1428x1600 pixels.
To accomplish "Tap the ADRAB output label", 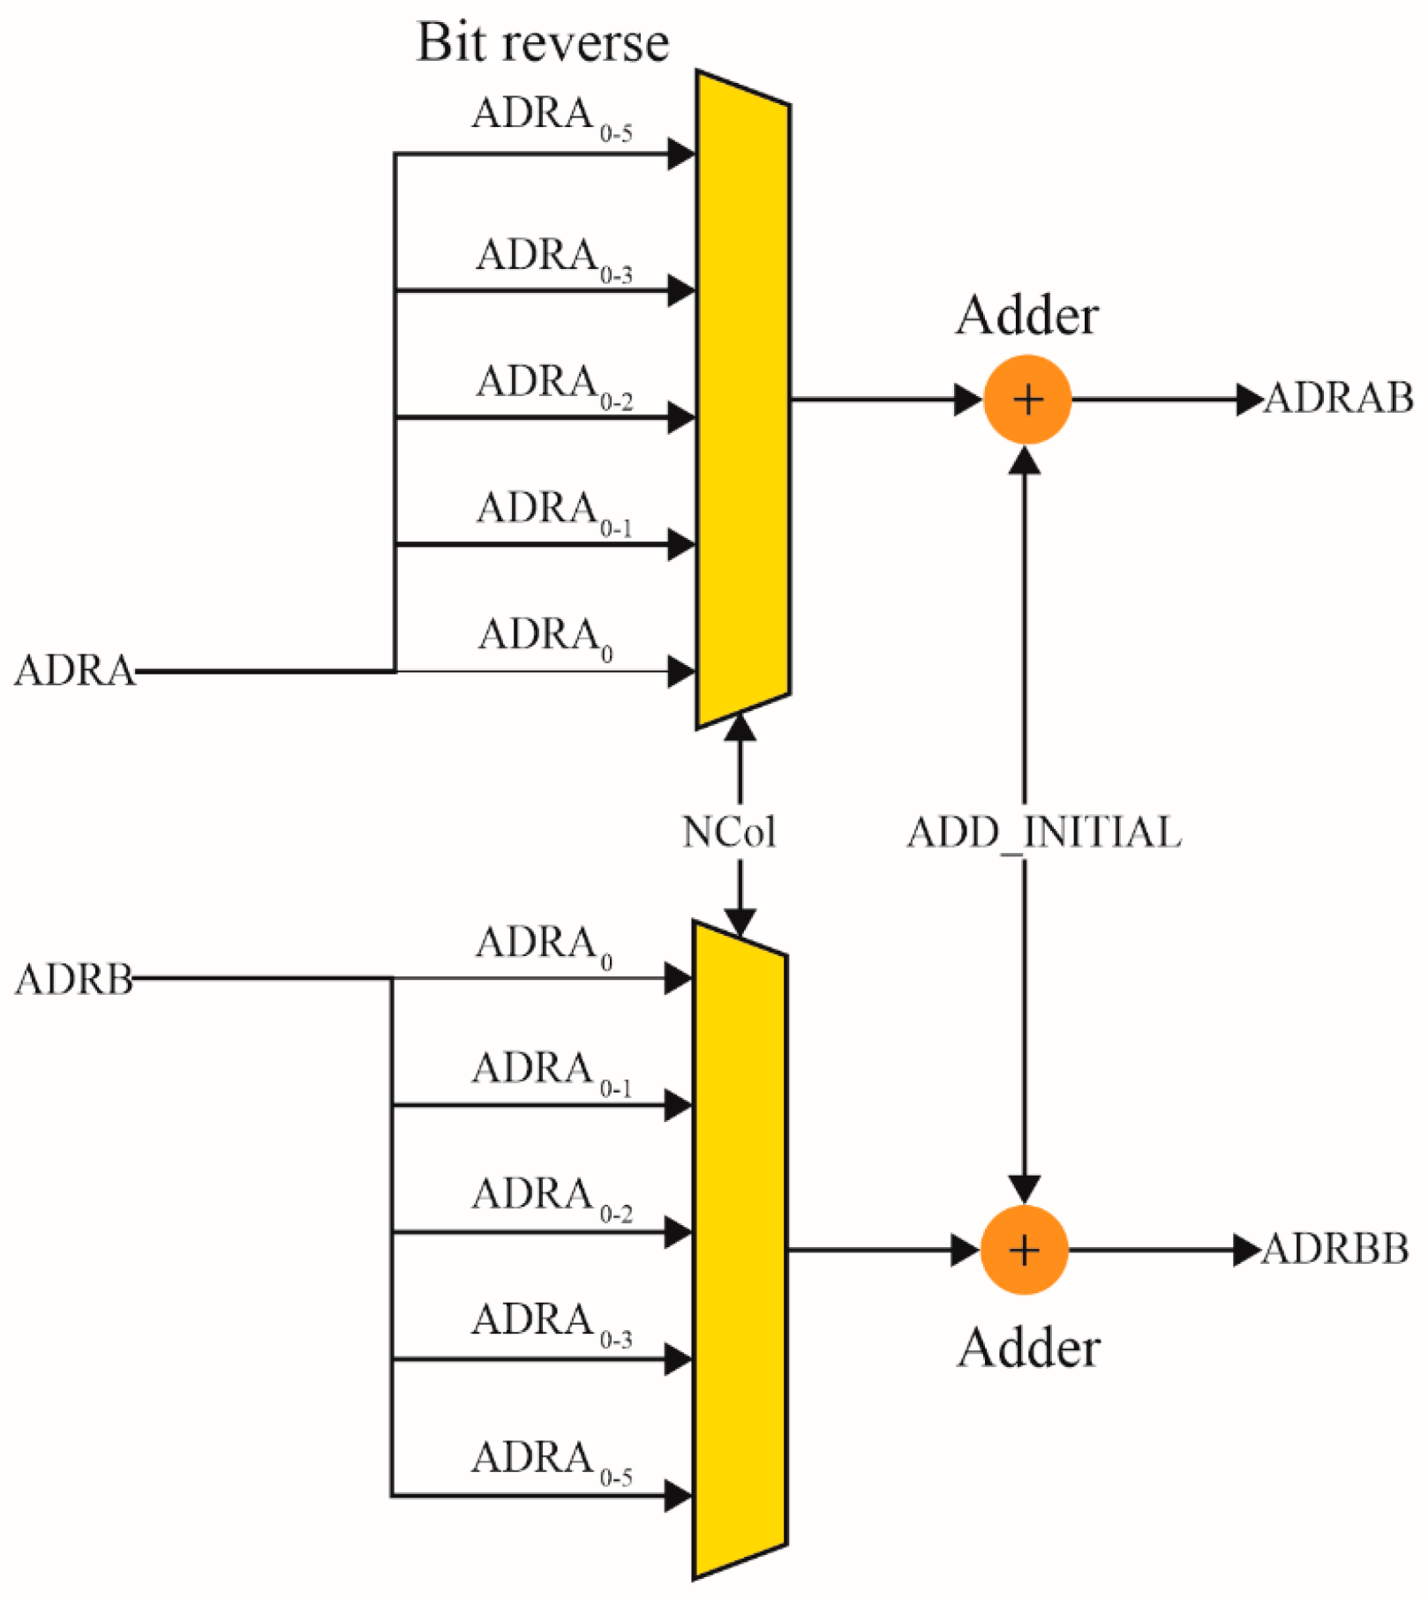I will point(1338,399).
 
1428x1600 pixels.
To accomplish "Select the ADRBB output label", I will point(1334,1249).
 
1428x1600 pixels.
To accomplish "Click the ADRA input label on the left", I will point(75,671).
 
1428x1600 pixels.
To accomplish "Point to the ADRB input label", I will point(74,979).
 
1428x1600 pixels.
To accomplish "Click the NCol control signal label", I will point(729,832).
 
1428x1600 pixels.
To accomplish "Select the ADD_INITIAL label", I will point(1044,833).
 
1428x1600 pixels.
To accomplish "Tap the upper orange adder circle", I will point(1026,400).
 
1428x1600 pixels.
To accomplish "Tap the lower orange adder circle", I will point(1024,1250).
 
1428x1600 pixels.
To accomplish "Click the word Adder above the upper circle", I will point(1026,316).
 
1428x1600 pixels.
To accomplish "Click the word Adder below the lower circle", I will point(1028,1348).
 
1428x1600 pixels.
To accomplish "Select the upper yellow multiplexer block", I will point(742,400).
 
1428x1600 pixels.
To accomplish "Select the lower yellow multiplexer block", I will point(739,1250).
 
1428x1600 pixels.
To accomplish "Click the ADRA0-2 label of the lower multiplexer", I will point(552,1199).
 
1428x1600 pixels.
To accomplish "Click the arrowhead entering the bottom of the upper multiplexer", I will point(740,727).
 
